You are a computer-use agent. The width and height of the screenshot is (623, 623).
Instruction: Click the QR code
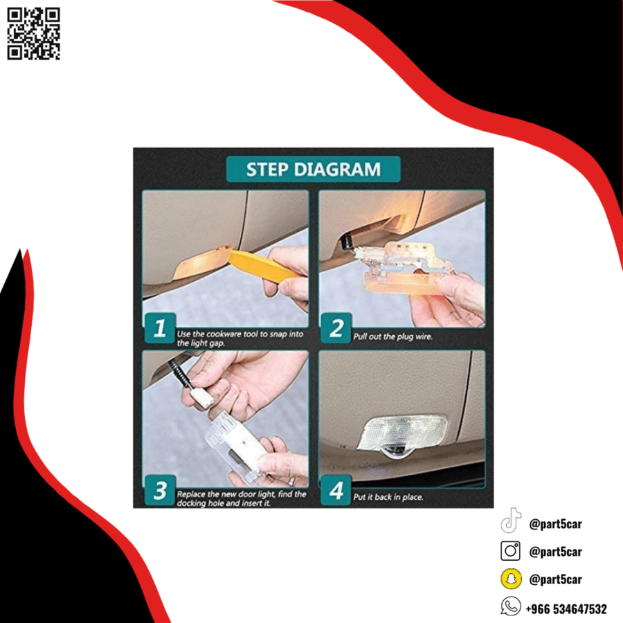[x=33, y=34]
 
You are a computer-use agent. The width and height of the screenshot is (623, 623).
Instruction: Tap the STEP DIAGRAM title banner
[x=313, y=170]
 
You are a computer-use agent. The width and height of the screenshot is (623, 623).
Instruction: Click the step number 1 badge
[x=160, y=328]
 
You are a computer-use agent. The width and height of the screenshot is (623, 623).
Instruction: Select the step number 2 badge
[x=336, y=328]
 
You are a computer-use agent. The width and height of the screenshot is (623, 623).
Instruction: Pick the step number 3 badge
[x=160, y=490]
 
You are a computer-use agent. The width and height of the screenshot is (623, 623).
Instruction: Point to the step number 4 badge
[x=336, y=490]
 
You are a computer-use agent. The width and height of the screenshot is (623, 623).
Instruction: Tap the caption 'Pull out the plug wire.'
[x=392, y=336]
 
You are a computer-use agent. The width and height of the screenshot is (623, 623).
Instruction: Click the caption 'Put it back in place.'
[x=388, y=497]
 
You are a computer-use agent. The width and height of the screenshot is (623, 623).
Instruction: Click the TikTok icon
[x=511, y=521]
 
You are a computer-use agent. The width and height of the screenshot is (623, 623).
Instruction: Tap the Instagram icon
[x=511, y=551]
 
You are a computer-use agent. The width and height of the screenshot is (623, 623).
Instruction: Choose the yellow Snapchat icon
[x=511, y=579]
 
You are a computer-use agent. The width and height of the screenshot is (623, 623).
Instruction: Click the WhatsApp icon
[x=511, y=606]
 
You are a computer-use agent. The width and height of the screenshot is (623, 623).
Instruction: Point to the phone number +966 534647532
[x=566, y=608]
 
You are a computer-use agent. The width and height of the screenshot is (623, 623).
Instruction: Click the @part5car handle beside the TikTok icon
[x=555, y=524]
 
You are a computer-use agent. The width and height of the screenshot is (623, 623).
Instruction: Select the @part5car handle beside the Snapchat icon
[x=555, y=579]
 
